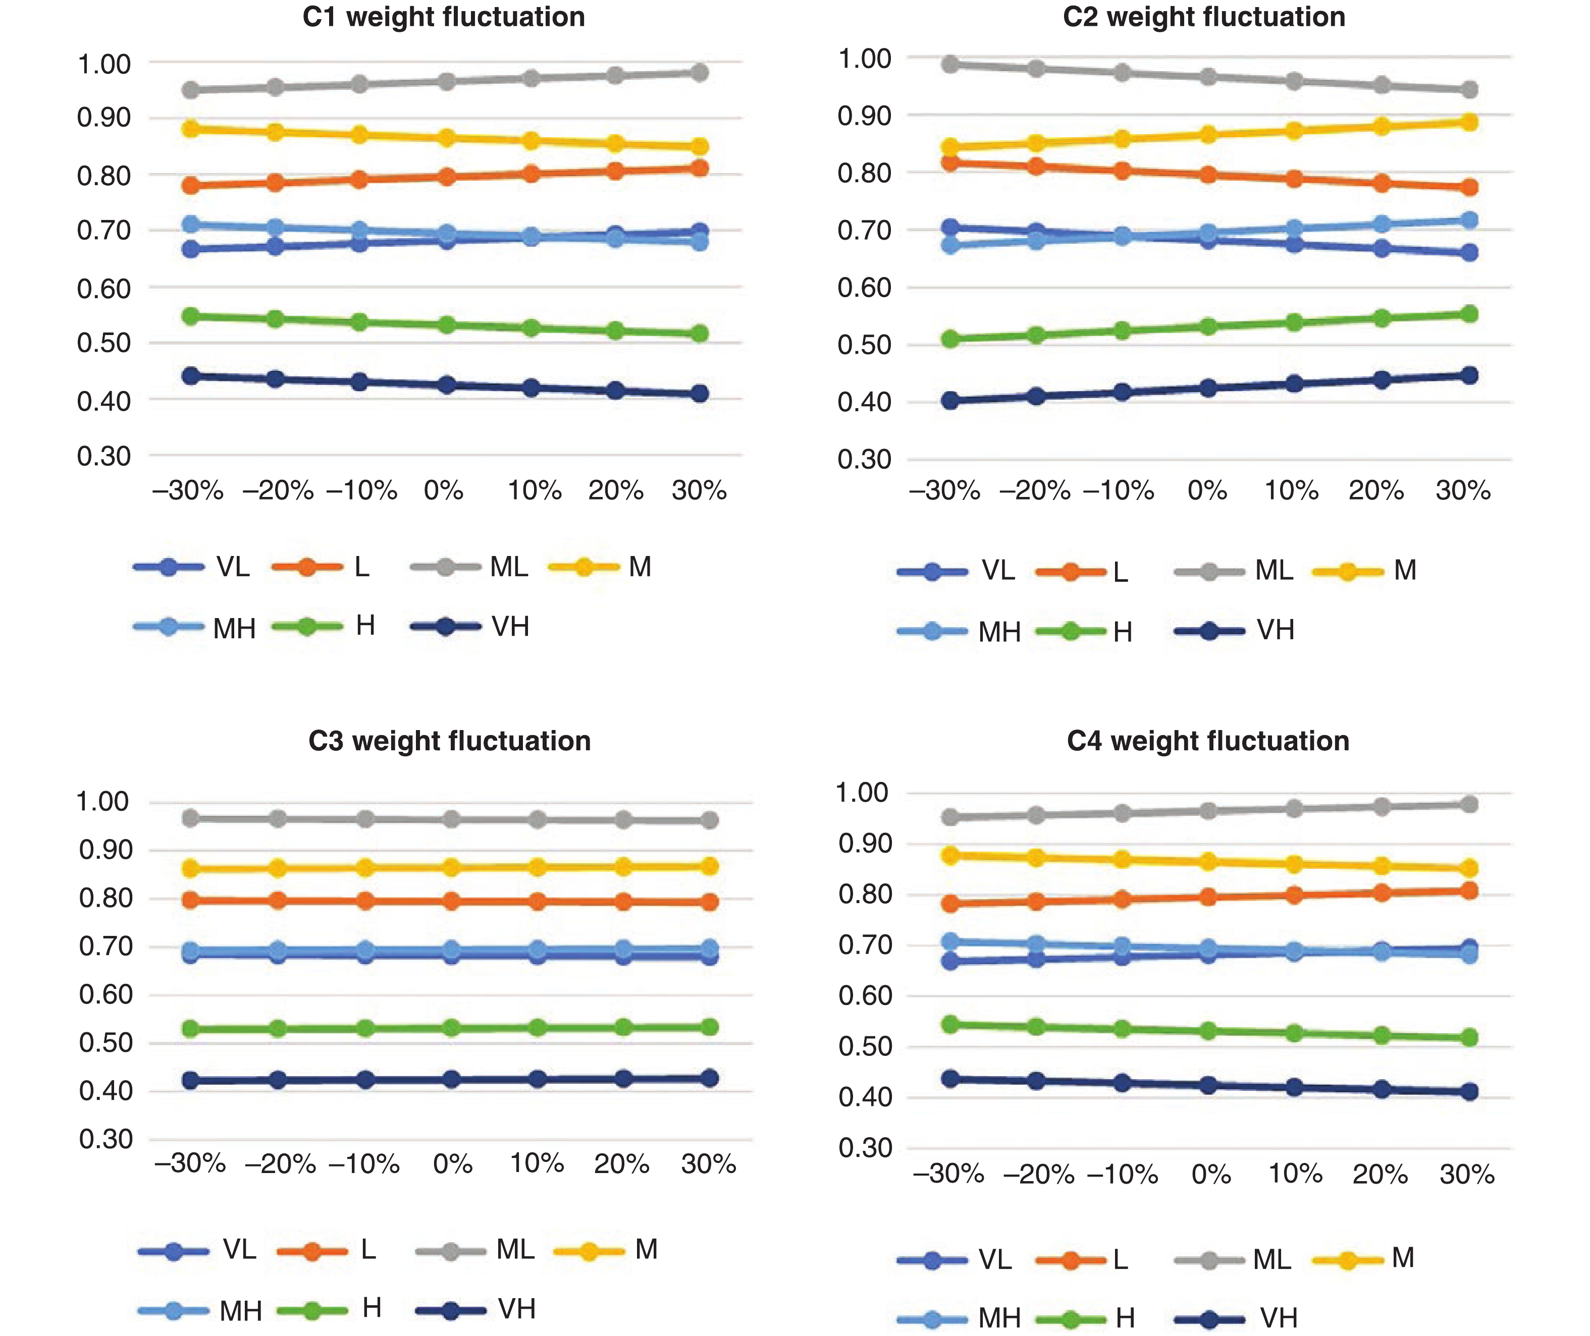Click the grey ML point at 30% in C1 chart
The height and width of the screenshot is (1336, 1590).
[x=700, y=73]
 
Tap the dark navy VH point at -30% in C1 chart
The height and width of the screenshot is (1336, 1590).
[x=191, y=376]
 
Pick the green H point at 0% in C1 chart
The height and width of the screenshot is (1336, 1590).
[x=447, y=325]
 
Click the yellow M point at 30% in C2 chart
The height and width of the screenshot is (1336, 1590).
[x=1469, y=122]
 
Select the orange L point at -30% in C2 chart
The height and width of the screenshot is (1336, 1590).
[x=950, y=162]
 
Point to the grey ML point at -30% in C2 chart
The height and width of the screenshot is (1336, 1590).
[x=950, y=65]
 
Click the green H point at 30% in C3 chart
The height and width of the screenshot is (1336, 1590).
[x=709, y=1027]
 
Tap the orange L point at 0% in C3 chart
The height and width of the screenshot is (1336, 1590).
[x=451, y=901]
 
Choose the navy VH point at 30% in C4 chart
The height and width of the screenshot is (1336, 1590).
[x=1469, y=1091]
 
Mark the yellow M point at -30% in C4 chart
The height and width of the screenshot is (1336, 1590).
[x=950, y=855]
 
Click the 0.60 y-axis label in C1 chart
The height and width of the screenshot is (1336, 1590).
[x=104, y=289]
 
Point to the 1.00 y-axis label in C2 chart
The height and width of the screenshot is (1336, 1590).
[x=864, y=59]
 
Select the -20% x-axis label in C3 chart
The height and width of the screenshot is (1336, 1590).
[x=280, y=1163]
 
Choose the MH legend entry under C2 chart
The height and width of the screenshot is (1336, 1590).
[x=999, y=632]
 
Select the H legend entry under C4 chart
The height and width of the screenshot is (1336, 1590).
[x=1125, y=1318]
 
